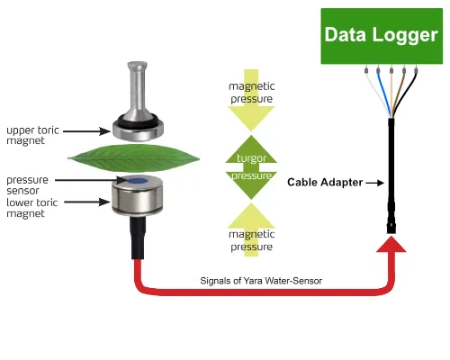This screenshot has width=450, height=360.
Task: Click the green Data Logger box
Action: [x=382, y=36]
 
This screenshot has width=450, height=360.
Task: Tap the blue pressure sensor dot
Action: [x=138, y=181]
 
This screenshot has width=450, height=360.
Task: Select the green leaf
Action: [x=133, y=158]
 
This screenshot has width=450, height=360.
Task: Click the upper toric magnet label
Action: [x=32, y=135]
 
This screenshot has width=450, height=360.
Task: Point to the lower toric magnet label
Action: [x=31, y=208]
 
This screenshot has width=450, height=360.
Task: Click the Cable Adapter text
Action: [x=325, y=182]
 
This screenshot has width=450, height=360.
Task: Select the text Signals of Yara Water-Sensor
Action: [x=261, y=281]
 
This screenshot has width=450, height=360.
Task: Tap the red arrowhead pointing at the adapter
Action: [x=391, y=244]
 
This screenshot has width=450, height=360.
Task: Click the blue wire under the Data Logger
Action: [x=384, y=93]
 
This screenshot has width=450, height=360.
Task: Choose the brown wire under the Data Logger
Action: [x=398, y=92]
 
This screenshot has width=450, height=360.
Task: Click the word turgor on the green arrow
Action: [x=251, y=158]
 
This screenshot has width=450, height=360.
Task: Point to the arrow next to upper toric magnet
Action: [x=86, y=131]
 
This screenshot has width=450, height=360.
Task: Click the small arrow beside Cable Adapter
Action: [x=375, y=183]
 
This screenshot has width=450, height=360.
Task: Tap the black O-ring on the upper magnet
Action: [x=138, y=121]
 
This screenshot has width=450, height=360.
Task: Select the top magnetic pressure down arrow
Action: [x=251, y=101]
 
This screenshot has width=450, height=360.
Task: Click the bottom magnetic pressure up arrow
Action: [x=251, y=229]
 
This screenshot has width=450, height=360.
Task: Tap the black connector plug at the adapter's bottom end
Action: [x=391, y=227]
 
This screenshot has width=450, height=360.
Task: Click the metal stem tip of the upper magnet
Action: [x=137, y=65]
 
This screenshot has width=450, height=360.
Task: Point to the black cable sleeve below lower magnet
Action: [x=138, y=238]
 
